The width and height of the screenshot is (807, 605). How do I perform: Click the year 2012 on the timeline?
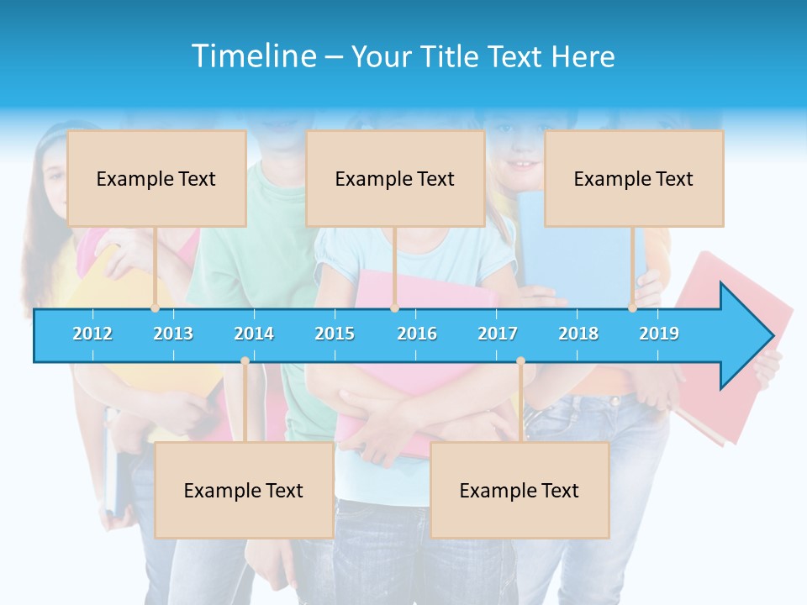pyautogui.click(x=92, y=334)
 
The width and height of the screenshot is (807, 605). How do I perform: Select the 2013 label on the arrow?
pyautogui.click(x=173, y=334)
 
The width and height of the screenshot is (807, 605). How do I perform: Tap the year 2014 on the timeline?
pyautogui.click(x=254, y=334)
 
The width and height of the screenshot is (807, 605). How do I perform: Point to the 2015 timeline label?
pyautogui.click(x=335, y=334)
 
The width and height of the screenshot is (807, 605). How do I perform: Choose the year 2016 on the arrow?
pyautogui.click(x=417, y=334)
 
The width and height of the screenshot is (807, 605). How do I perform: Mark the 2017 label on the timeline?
pyautogui.click(x=498, y=334)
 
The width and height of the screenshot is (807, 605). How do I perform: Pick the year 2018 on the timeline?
pyautogui.click(x=578, y=334)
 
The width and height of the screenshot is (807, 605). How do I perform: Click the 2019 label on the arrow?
pyautogui.click(x=659, y=334)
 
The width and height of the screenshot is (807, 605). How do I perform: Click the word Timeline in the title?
pyautogui.click(x=251, y=56)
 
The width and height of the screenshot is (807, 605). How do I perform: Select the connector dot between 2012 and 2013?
pyautogui.click(x=155, y=308)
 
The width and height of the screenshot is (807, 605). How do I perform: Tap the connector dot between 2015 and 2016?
pyautogui.click(x=394, y=308)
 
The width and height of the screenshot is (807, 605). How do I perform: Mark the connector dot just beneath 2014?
pyautogui.click(x=245, y=361)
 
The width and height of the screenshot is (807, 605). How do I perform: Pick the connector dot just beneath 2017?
pyautogui.click(x=520, y=361)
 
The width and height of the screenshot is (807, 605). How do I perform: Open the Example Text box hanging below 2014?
pyautogui.click(x=244, y=490)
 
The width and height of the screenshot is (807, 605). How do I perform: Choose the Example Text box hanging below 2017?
pyautogui.click(x=520, y=490)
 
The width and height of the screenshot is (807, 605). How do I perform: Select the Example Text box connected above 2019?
pyautogui.click(x=634, y=178)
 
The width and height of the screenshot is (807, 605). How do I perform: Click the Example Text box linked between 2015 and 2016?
pyautogui.click(x=395, y=178)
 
